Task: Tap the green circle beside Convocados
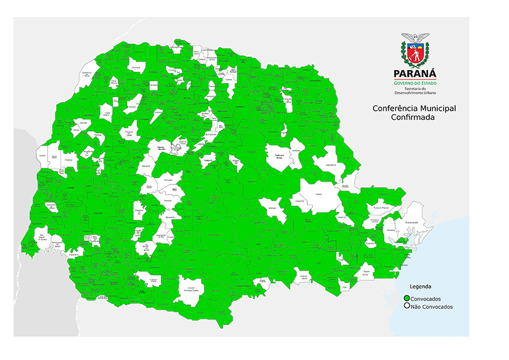pos(407,298)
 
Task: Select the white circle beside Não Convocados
pos(407,306)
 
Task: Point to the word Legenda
pos(420,287)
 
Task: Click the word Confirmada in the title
pos(413,117)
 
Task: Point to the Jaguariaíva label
pos(329,164)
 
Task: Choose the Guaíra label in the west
pos(42,155)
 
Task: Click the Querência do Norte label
pos(86,75)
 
